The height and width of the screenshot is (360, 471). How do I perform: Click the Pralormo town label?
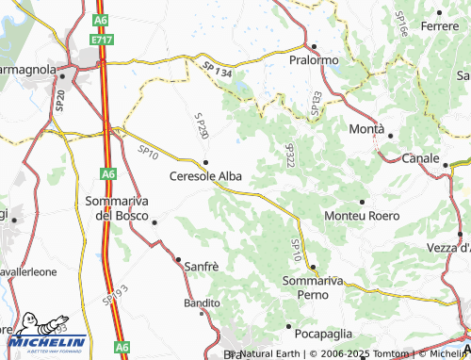tap(314, 60)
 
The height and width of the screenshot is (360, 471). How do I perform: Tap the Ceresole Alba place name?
tap(204, 175)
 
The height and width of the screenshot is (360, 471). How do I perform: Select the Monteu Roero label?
tap(361, 216)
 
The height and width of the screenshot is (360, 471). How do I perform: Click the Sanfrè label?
tap(202, 267)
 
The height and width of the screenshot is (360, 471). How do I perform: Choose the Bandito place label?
tap(202, 303)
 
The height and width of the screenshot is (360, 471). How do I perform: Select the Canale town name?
tap(420, 158)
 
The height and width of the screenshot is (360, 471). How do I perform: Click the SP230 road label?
tap(201, 127)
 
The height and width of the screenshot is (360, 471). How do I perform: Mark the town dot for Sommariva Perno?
tap(312, 266)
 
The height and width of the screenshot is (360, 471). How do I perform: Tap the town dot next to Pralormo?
tap(313, 46)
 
